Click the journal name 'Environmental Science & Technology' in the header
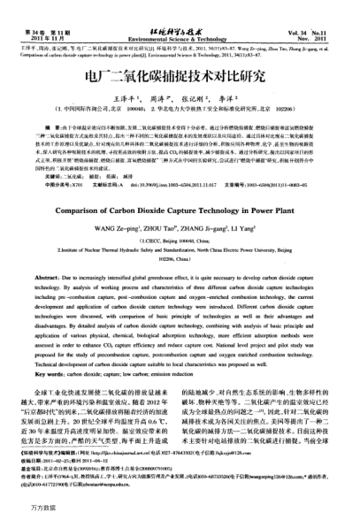pos(179,16)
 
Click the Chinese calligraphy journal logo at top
pos(178,6)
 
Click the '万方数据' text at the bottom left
pos(19,511)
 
